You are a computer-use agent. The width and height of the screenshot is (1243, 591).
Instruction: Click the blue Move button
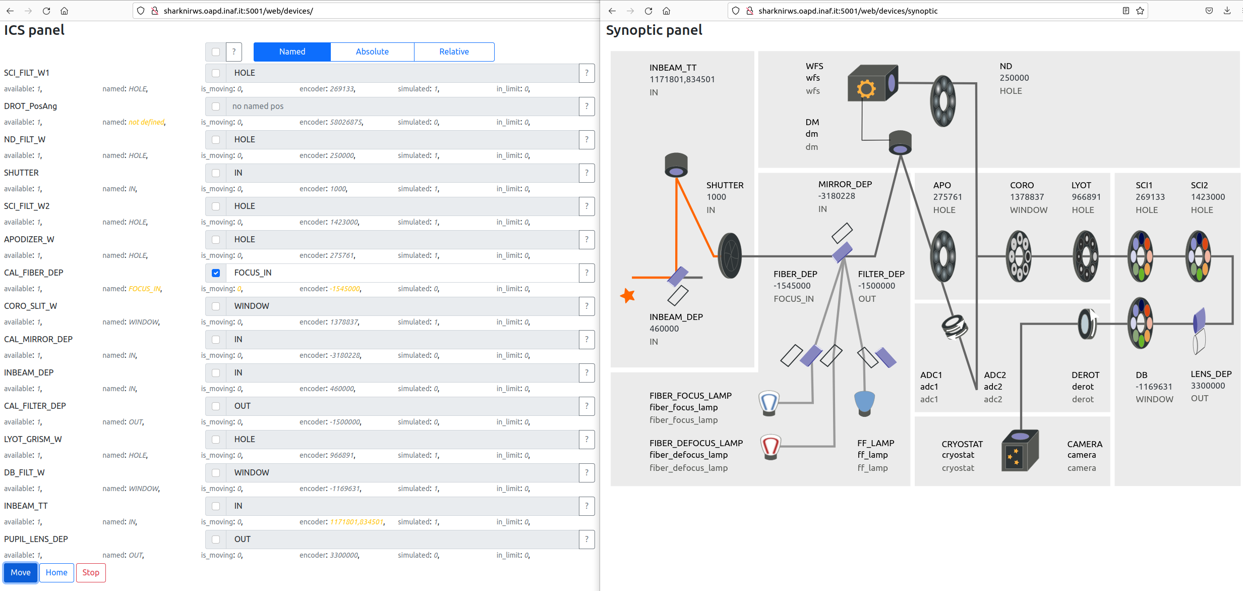click(21, 572)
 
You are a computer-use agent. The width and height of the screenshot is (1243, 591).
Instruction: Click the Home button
click(56, 572)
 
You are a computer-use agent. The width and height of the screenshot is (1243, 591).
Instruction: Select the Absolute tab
click(372, 51)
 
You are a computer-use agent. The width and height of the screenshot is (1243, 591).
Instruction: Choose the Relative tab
click(454, 51)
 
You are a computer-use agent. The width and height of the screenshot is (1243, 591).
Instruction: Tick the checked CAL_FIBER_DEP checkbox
click(216, 273)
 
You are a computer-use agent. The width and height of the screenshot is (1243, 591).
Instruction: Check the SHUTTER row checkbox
click(216, 173)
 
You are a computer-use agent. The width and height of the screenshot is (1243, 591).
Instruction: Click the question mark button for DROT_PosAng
click(586, 106)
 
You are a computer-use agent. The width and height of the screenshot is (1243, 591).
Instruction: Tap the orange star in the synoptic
click(628, 295)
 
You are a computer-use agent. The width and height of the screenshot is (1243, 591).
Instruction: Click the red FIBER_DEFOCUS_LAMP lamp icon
click(770, 447)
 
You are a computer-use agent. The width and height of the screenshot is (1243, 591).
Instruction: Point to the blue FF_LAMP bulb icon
click(864, 403)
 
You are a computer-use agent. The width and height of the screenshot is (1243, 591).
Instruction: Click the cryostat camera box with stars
click(1020, 450)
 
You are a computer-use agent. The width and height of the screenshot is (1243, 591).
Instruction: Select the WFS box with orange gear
click(872, 83)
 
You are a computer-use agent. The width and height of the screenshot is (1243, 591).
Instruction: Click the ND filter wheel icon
click(942, 101)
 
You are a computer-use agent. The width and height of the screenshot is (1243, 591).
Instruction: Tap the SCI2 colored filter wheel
click(1199, 256)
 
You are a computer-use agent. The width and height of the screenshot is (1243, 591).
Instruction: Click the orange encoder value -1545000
click(345, 289)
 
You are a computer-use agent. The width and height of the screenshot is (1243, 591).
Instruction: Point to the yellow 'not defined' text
click(146, 122)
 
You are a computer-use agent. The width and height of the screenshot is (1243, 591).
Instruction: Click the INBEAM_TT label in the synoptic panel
click(673, 68)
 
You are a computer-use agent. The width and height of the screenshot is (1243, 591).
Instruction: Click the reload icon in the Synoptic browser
click(648, 11)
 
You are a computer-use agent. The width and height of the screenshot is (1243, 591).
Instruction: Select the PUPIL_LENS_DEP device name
click(36, 539)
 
